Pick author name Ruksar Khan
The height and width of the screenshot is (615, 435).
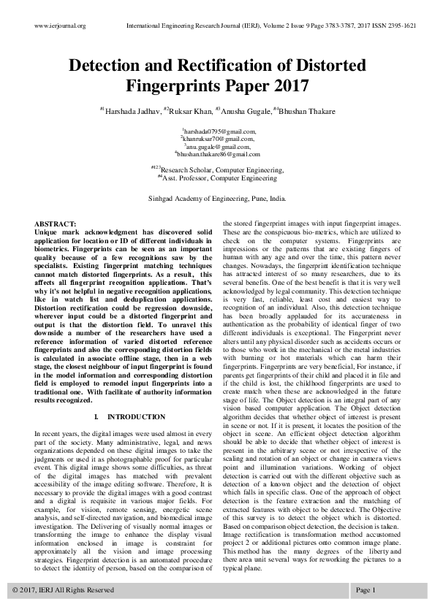(x=191, y=111)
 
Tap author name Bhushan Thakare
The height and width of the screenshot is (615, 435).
(x=309, y=111)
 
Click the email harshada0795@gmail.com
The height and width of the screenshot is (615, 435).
(x=218, y=130)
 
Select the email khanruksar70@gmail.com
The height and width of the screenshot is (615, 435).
(x=218, y=138)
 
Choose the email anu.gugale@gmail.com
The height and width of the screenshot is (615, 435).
(x=218, y=146)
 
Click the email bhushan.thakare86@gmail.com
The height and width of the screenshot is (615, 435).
(x=218, y=154)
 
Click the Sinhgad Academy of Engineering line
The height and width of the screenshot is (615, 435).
(x=218, y=198)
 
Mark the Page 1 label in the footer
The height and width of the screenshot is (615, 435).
(x=366, y=589)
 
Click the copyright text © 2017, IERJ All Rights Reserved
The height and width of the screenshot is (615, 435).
(x=64, y=589)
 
